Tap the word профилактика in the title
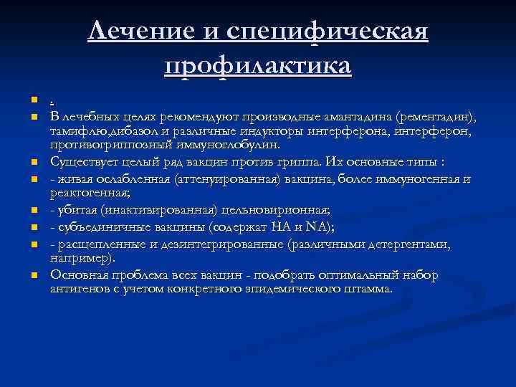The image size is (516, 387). click(x=258, y=67)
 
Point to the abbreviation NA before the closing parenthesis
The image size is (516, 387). click(x=319, y=229)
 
